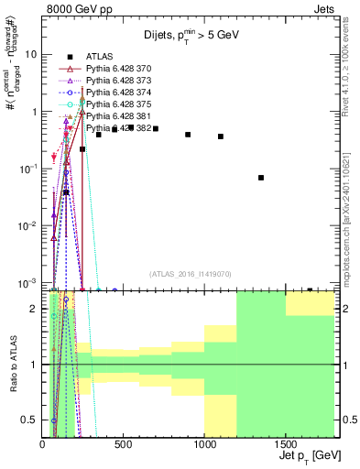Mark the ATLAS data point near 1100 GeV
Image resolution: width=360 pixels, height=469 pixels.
(x=221, y=136)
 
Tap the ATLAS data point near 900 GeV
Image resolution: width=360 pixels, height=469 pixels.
(x=188, y=135)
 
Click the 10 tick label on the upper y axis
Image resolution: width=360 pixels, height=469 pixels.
(x=30, y=54)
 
